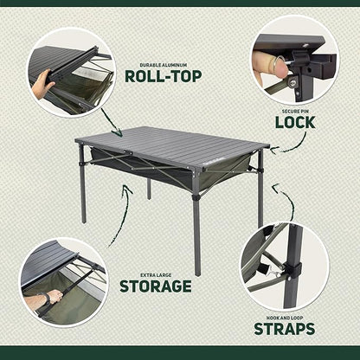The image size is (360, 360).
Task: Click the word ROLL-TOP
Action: point(164,75)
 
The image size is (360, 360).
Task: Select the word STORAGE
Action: point(157,285)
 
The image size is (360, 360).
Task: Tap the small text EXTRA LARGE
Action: point(157,272)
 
